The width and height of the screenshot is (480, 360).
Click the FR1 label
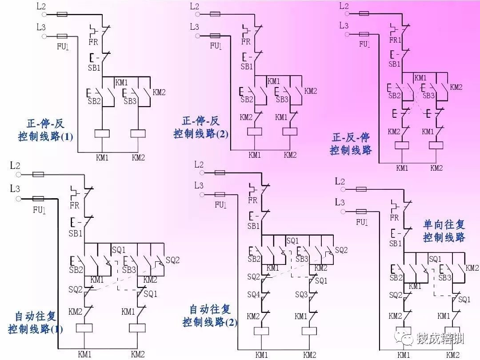[395, 40]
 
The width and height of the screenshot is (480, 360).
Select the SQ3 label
[301, 294]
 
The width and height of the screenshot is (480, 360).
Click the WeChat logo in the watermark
[408, 339]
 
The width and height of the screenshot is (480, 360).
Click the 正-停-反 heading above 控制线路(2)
[201, 121]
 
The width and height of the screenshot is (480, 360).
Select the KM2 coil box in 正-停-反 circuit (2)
[290, 132]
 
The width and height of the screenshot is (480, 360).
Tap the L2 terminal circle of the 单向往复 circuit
[342, 190]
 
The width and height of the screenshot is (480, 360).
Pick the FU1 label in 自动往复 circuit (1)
[39, 210]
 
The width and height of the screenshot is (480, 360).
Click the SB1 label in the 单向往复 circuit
[396, 244]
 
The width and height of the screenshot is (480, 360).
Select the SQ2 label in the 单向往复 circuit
[396, 295]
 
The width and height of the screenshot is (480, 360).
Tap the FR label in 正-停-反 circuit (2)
[246, 42]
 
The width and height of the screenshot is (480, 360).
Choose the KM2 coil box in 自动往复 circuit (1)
[137, 328]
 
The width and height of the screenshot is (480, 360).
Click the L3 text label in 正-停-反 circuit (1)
[41, 27]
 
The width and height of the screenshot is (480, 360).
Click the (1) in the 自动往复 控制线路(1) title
[56, 330]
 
